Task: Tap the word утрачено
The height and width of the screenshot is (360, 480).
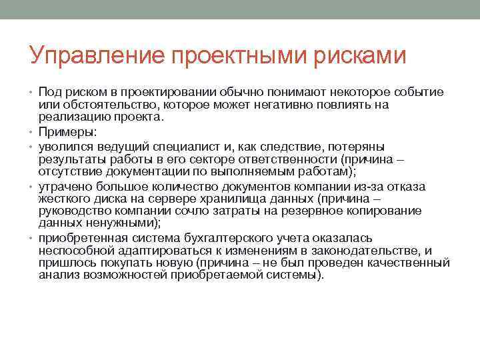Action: coord(64,185)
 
